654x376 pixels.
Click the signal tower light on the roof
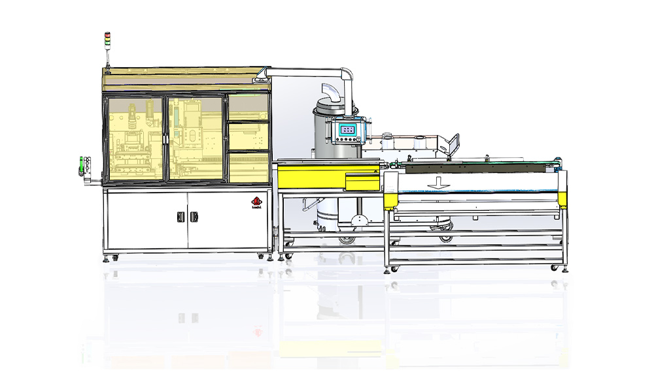pyautogui.click(x=109, y=40)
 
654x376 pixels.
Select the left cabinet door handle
pyautogui.click(x=180, y=217)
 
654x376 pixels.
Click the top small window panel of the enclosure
pyautogui.click(x=248, y=107)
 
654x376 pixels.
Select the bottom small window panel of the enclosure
pyautogui.click(x=248, y=166)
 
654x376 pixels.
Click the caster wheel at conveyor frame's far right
pyautogui.click(x=555, y=268)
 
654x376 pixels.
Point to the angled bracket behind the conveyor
pyautogui.click(x=452, y=143)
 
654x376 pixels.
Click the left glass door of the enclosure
pyautogui.click(x=133, y=138)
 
